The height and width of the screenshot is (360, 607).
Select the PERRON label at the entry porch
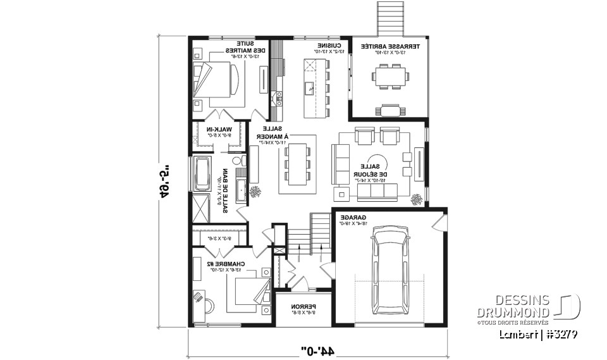(x=304, y=308)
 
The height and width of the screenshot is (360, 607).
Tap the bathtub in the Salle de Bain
(x=202, y=174)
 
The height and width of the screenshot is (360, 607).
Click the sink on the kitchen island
(x=309, y=87)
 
